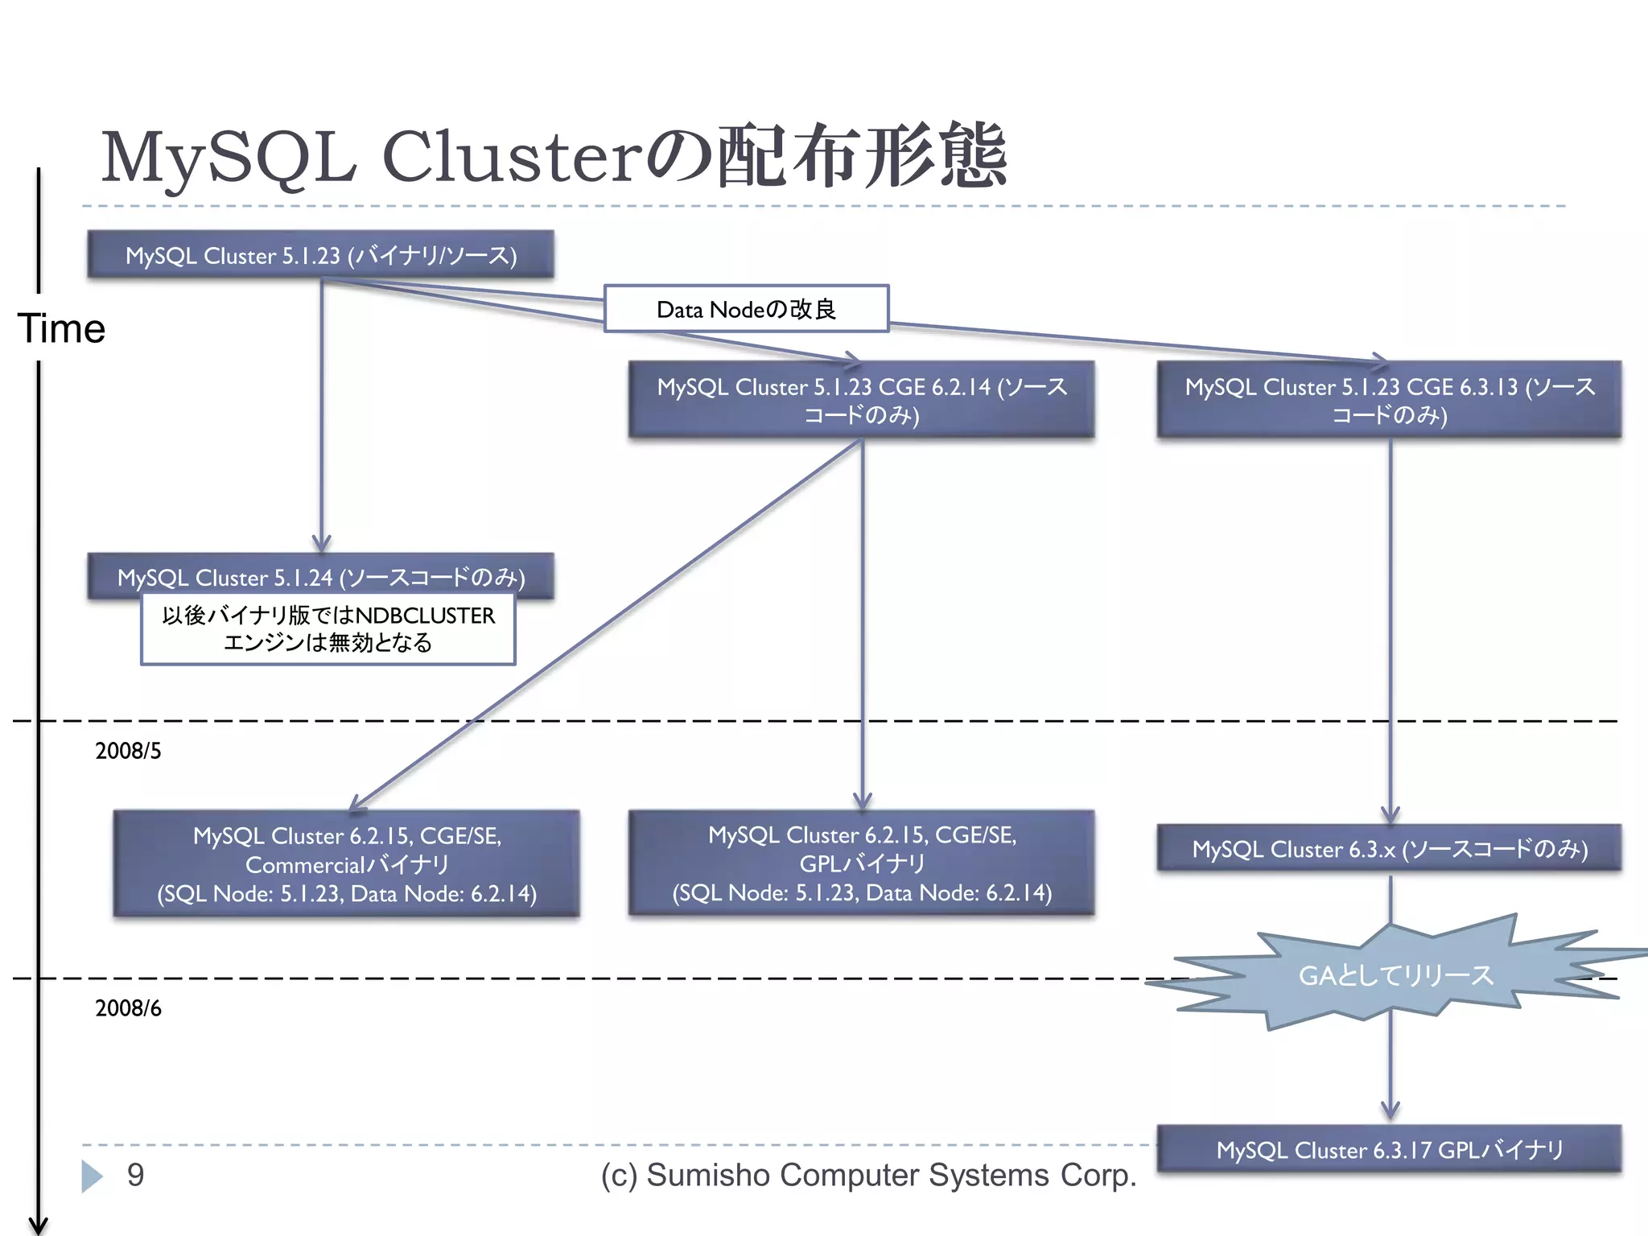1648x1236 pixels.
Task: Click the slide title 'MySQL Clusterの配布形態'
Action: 554,157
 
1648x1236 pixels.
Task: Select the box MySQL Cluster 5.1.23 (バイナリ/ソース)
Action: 320,255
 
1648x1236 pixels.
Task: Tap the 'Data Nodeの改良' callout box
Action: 746,309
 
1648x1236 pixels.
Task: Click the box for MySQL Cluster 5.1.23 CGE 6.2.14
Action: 861,400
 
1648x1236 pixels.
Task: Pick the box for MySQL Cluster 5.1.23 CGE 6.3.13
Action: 1389,400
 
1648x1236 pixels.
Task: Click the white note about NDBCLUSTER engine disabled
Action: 328,629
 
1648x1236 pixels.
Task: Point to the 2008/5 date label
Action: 128,751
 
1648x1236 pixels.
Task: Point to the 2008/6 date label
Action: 128,1008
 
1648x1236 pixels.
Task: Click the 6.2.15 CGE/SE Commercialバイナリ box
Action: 346,863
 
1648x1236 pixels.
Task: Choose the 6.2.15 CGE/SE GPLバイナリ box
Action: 861,863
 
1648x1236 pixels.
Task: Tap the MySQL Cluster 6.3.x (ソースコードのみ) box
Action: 1389,848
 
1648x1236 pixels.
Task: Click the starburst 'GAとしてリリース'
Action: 1395,975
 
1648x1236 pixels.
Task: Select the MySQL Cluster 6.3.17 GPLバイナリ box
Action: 1389,1149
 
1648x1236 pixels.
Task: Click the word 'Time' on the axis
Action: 61,328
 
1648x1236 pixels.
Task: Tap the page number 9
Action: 135,1175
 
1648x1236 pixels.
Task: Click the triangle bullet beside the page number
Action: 92,1176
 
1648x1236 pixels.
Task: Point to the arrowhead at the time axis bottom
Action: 38,1225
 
